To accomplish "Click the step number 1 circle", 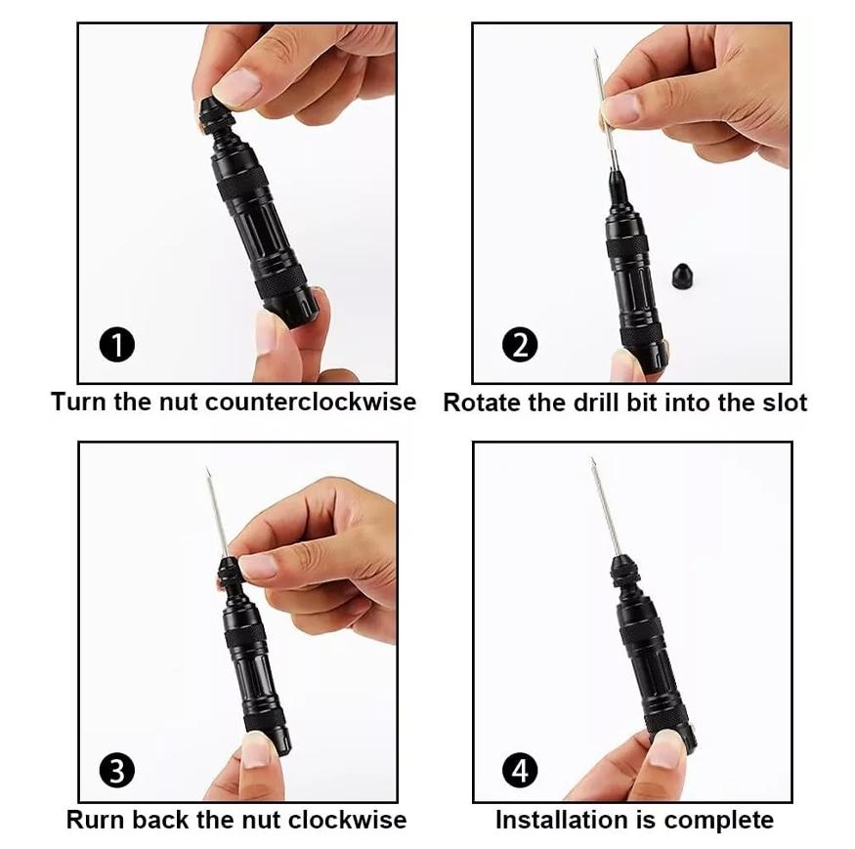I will point(117,345).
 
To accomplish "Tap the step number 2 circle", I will point(520,345).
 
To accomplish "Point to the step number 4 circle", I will point(520,771).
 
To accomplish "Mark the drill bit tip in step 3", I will point(208,473).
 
